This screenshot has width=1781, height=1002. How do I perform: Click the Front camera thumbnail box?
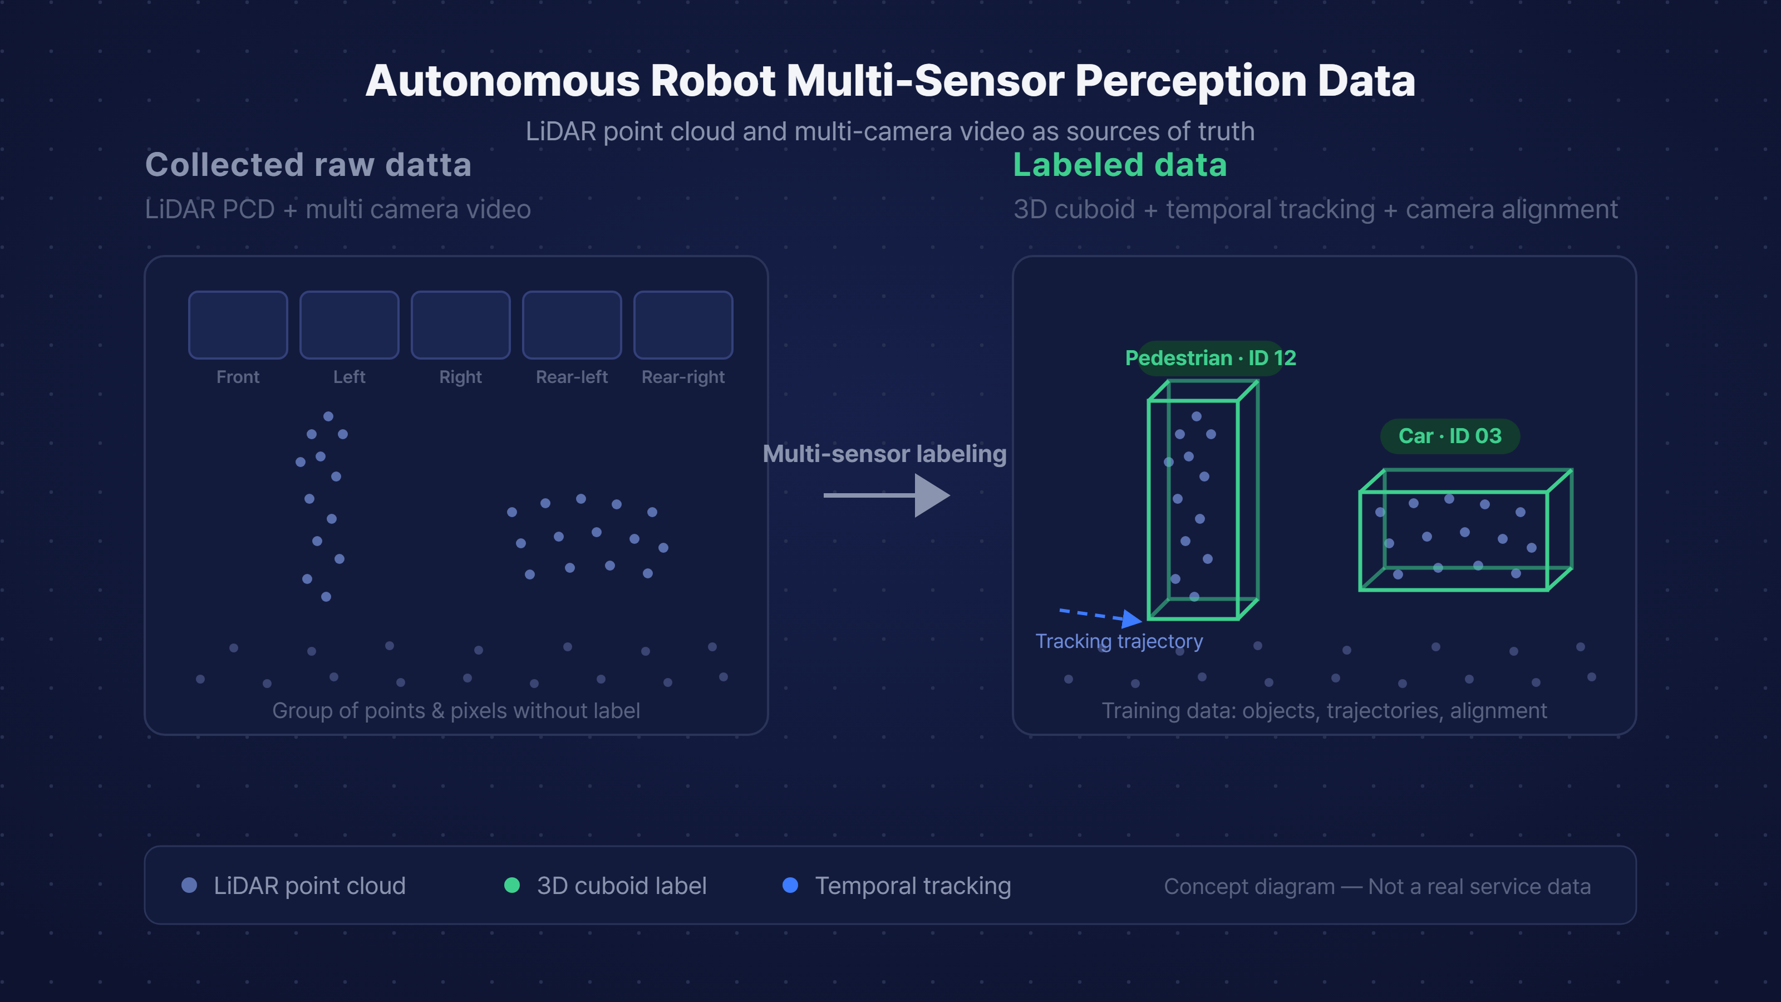238,325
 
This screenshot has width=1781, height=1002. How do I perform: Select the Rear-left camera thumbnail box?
572,325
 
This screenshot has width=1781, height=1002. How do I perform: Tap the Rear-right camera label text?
683,377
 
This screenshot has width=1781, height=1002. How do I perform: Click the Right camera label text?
460,377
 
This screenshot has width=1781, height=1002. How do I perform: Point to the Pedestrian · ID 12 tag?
1211,358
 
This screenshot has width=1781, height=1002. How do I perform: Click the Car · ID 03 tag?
1450,436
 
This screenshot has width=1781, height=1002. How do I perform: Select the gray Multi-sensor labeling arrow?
887,495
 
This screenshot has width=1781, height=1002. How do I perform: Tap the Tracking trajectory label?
1119,641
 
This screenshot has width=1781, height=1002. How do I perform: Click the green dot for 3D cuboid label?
511,885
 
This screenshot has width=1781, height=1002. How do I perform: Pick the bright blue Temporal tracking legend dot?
790,885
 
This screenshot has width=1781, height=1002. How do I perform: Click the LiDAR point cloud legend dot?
189,885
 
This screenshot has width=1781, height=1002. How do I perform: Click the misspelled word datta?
428,165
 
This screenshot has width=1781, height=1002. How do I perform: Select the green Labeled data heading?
1120,165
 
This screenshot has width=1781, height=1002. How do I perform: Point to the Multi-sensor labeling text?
884,454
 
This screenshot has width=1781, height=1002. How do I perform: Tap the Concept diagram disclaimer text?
1377,887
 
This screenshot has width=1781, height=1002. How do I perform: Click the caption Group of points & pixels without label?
456,711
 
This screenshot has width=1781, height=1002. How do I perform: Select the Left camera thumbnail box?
349,325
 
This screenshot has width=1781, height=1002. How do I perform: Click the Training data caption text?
1324,711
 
